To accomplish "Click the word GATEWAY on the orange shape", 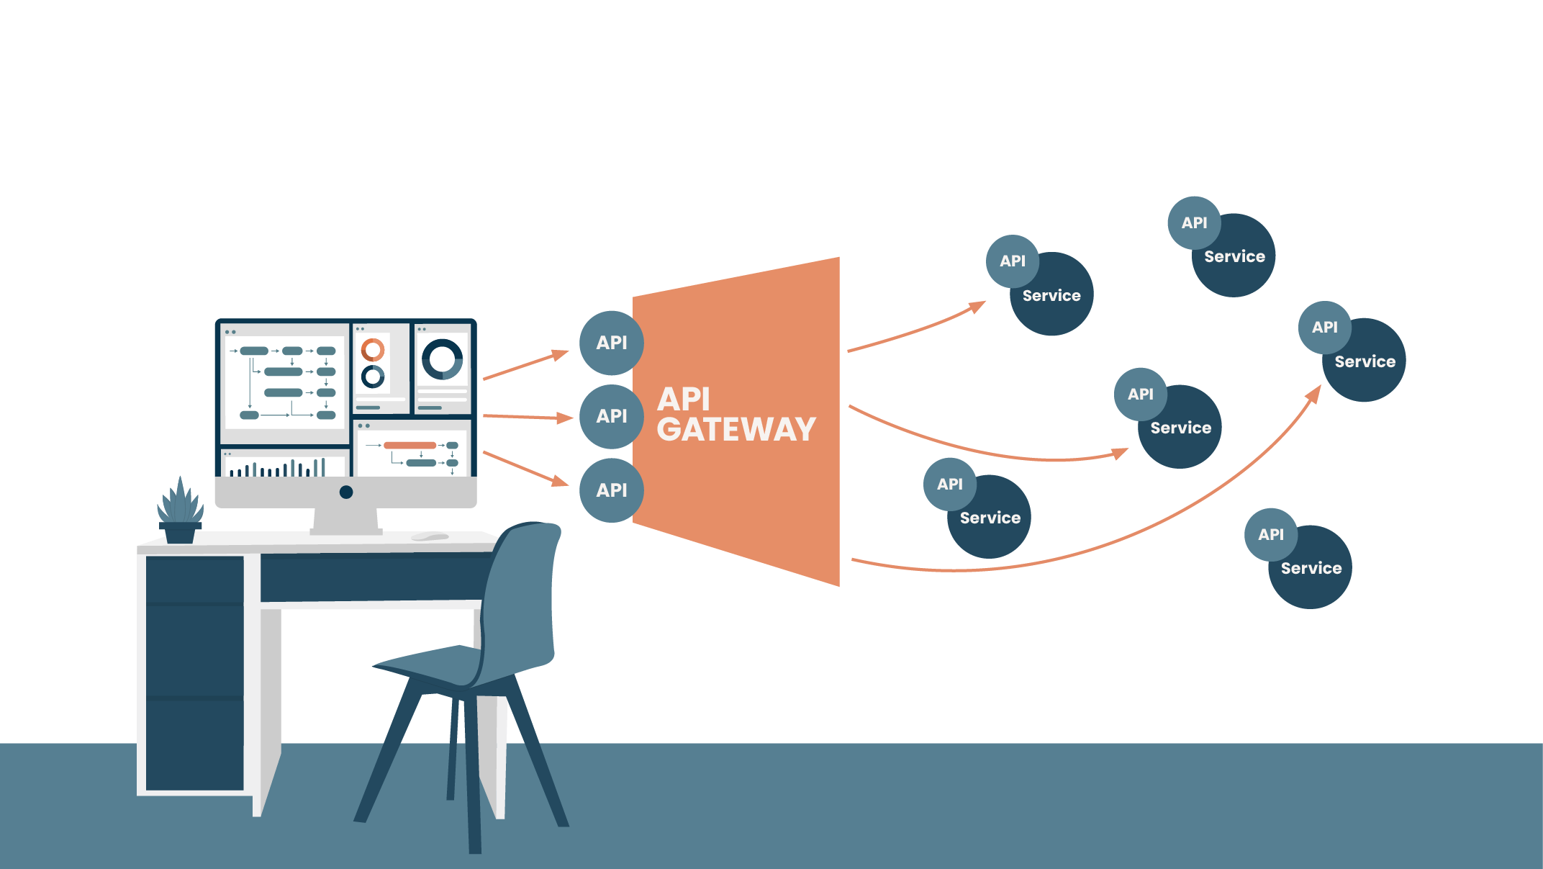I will (736, 430).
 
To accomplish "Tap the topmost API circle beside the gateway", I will (611, 343).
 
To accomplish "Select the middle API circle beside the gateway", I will (611, 416).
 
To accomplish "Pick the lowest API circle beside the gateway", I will (611, 490).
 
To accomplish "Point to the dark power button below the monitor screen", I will (346, 492).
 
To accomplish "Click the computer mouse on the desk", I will (430, 536).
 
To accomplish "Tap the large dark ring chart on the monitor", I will (442, 359).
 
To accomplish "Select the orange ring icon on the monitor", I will (373, 351).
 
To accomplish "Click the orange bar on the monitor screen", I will (409, 445).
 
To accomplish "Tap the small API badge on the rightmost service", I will (1324, 328).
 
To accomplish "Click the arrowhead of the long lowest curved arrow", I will (1315, 393).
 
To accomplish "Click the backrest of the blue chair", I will (522, 590).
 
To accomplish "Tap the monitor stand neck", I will (345, 520).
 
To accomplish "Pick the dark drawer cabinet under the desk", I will (194, 673).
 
